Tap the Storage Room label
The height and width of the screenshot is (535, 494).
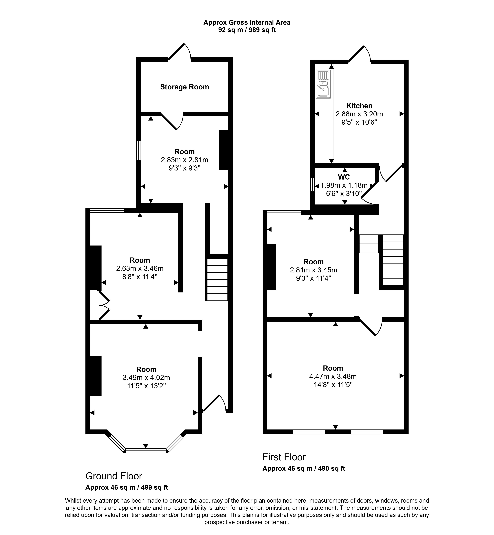(x=185, y=87)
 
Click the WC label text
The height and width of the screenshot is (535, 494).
(x=344, y=177)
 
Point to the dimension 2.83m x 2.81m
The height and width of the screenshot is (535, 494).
(x=185, y=160)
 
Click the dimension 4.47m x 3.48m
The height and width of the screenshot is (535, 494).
(x=333, y=376)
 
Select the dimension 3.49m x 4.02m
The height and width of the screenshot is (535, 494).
(x=146, y=377)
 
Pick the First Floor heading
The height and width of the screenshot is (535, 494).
(x=284, y=457)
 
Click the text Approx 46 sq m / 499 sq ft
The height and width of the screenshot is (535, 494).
(x=126, y=487)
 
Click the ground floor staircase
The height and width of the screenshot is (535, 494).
(x=217, y=279)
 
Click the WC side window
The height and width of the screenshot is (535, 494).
(x=312, y=184)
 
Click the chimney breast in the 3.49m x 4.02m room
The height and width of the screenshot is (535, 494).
(x=95, y=376)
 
